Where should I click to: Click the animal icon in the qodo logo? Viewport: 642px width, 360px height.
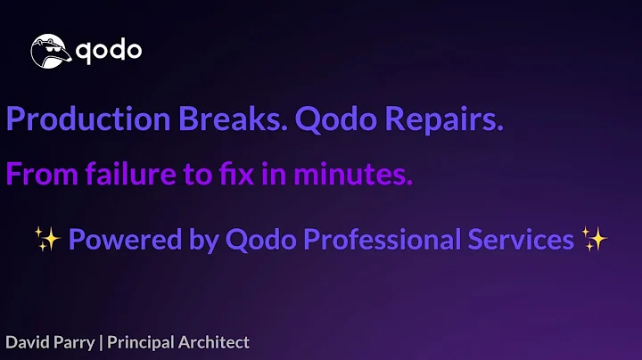tap(51, 51)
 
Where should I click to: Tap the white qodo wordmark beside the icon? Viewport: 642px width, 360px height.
tap(106, 50)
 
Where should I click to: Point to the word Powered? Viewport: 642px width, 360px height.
tap(117, 240)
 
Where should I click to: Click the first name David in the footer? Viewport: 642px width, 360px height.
tap(27, 342)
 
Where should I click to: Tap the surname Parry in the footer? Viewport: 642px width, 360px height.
tap(75, 342)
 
